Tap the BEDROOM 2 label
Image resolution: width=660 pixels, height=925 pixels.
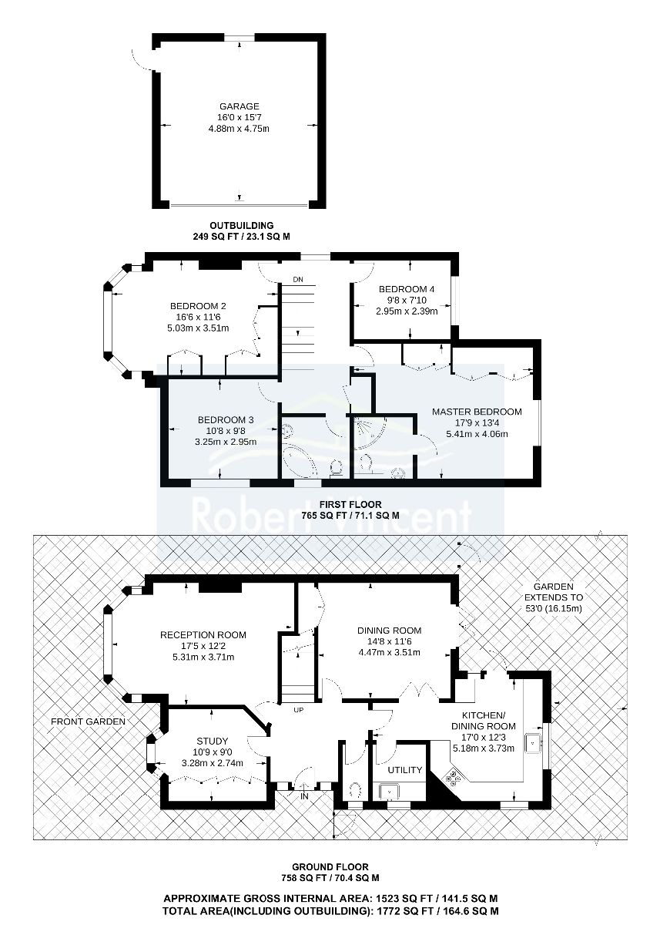(198, 306)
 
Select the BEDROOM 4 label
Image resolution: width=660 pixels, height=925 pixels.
(407, 289)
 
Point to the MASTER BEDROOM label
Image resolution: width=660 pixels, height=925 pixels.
(477, 412)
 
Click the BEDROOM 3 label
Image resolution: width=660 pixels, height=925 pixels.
(226, 420)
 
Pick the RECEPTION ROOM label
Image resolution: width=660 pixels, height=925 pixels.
(203, 634)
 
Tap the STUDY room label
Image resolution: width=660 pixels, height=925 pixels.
(212, 742)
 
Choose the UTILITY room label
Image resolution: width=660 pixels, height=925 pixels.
(404, 770)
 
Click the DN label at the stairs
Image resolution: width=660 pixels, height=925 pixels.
(298, 280)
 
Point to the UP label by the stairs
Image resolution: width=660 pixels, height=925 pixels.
(298, 710)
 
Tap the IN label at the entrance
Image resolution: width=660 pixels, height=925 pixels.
(304, 796)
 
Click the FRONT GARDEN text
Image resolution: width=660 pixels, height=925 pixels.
(88, 721)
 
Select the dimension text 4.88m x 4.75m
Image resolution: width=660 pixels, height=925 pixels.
(239, 129)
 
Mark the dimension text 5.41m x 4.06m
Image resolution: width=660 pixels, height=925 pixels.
(477, 434)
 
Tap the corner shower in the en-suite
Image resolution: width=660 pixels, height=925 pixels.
(368, 432)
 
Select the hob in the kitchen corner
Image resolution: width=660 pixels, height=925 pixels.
(454, 777)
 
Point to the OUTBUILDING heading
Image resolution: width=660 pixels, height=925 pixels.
(241, 225)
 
